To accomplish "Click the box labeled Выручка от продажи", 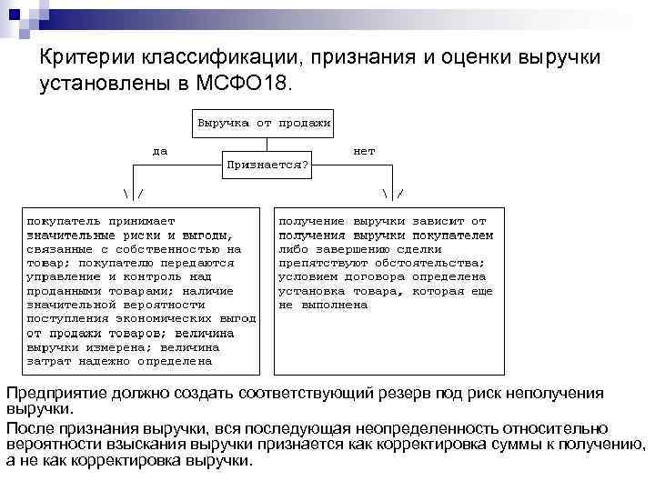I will (263, 121).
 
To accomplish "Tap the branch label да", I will (160, 151).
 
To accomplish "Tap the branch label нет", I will (364, 151).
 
